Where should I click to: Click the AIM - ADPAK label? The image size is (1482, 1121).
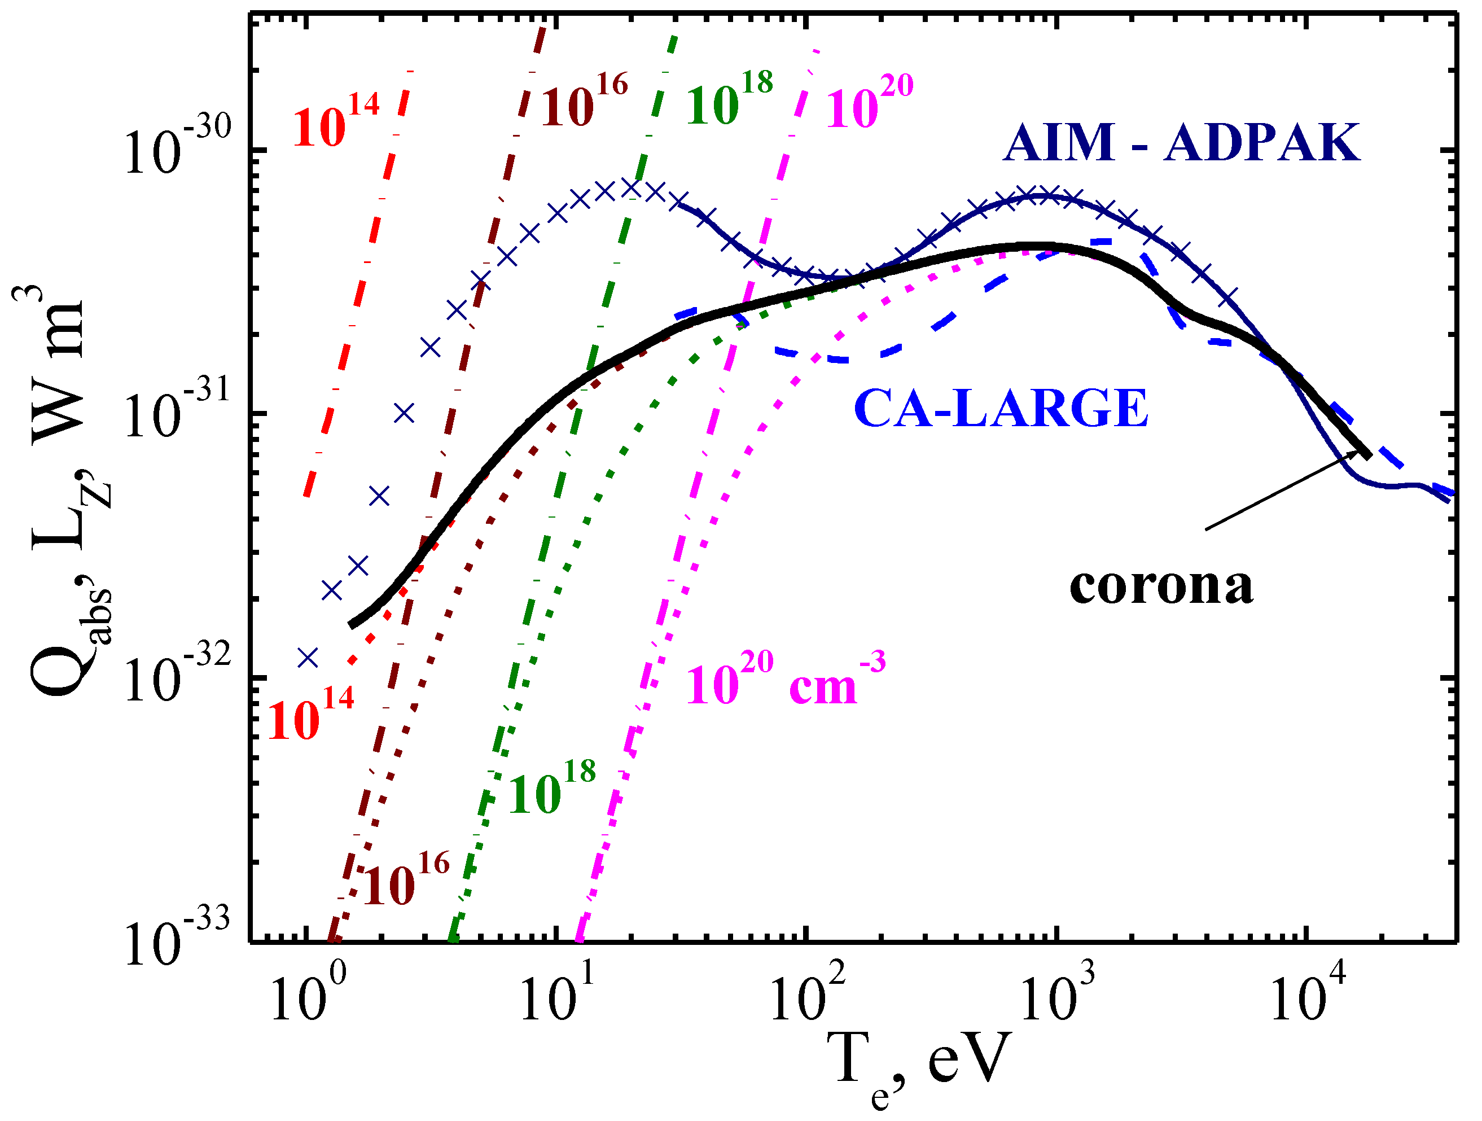coord(1181,144)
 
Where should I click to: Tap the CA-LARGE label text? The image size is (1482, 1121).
coord(1001,409)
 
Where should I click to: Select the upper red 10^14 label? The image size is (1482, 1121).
coord(337,121)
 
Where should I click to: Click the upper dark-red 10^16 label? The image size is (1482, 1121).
coord(585,100)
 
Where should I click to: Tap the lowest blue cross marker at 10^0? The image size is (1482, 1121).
coord(308,658)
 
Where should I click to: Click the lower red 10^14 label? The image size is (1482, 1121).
coord(311,714)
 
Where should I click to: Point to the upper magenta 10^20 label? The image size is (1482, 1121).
coord(869,102)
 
